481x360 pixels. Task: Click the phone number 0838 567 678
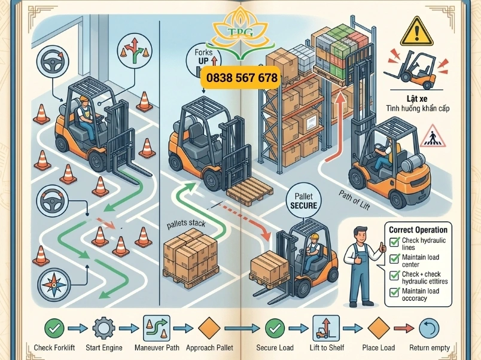tap(242, 78)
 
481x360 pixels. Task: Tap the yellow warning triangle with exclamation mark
tap(416, 32)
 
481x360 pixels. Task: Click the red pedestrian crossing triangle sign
tap(433, 136)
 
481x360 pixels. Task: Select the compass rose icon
tap(54, 285)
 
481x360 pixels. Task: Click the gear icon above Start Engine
tap(104, 328)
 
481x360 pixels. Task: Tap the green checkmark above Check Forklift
tap(54, 328)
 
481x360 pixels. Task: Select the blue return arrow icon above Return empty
tap(429, 328)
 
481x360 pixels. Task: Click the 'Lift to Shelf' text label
tap(327, 347)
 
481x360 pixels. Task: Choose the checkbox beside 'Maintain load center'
tap(394, 259)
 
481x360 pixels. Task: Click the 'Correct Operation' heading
tap(418, 230)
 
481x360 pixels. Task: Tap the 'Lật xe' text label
tap(417, 99)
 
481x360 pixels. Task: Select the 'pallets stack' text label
tap(186, 224)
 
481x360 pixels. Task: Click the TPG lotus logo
tap(241, 33)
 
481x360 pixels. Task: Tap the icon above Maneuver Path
tap(157, 328)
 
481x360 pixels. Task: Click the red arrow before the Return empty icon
tap(404, 328)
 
